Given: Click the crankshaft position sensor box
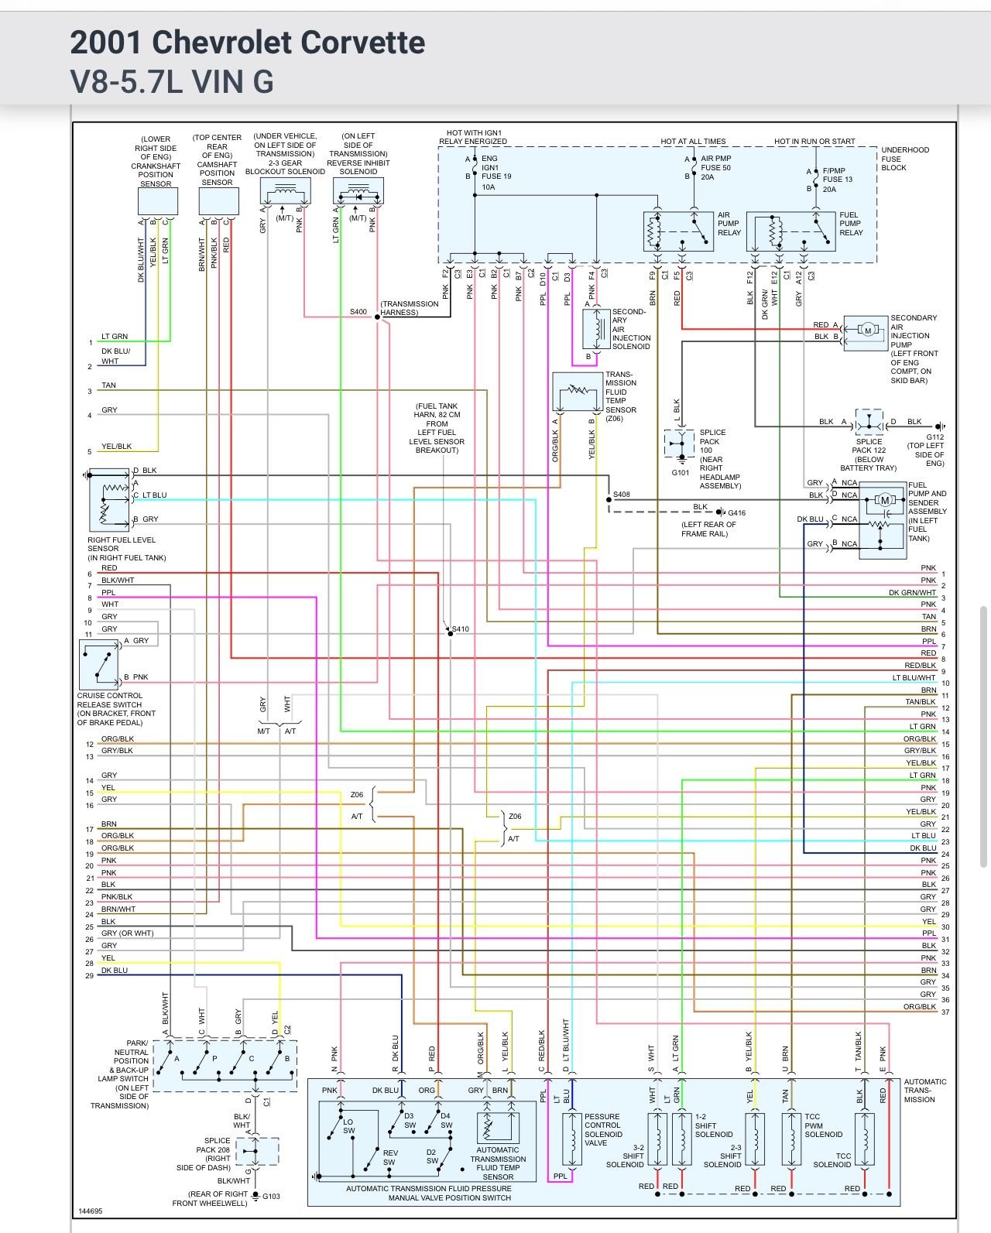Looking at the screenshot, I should pos(158,201).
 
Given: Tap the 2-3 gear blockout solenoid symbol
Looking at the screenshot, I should pos(285,190).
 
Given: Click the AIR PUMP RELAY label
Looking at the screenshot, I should pos(729,224).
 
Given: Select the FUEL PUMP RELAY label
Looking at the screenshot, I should pos(851,224).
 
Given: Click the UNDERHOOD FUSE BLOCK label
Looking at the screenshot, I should pos(904,159).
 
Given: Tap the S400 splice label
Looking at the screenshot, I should pos(358,312).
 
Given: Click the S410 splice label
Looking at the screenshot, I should pos(461,629).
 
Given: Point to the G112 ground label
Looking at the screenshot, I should pos(934,437).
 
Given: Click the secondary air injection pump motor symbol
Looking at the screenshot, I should pos(866,331).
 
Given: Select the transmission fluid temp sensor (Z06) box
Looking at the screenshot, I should pos(577,392).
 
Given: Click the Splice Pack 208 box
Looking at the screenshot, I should pos(256,1151).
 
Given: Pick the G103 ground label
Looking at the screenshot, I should pos(271,1197).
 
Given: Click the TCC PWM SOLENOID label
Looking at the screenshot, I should pos(823,1125).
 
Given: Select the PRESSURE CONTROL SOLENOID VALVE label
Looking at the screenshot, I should pos(603,1130).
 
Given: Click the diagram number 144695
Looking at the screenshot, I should pos(90,1211).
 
